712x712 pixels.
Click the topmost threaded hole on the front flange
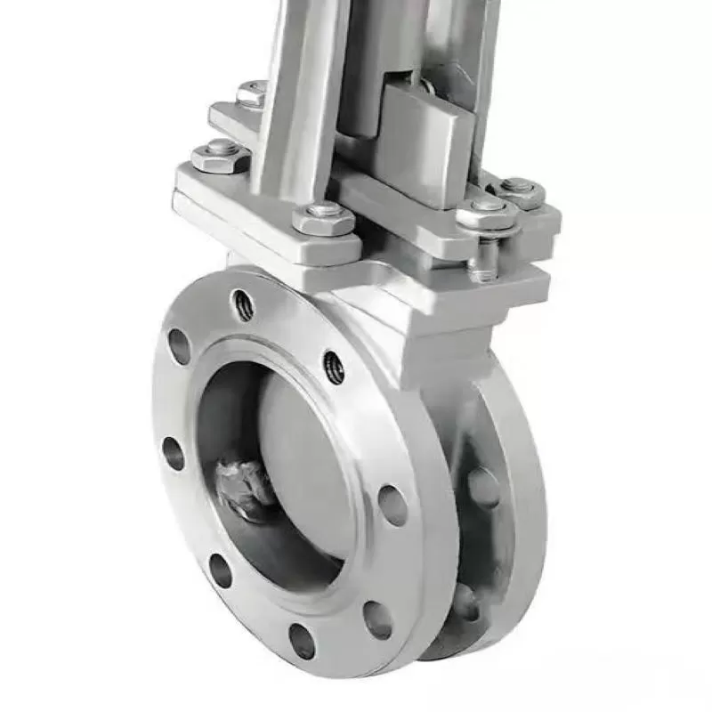click(x=243, y=305)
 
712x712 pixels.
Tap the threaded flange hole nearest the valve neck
click(x=334, y=367)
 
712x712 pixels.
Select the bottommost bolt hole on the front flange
click(x=302, y=641)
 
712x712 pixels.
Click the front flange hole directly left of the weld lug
click(x=174, y=453)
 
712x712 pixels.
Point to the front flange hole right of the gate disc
click(x=392, y=505)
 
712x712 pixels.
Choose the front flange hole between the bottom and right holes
click(x=377, y=619)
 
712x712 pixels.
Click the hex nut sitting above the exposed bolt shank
click(x=488, y=214)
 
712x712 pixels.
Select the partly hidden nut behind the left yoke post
click(x=252, y=93)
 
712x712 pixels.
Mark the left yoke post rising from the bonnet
click(x=298, y=98)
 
